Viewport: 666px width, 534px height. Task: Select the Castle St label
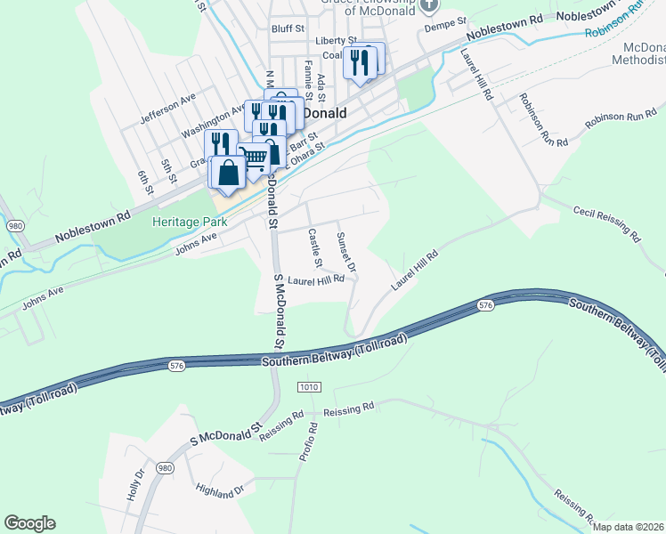313,248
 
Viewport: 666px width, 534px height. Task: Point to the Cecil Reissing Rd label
607,223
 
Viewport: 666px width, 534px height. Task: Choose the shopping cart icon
255,158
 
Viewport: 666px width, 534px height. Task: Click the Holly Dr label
135,485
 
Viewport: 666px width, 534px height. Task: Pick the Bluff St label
288,28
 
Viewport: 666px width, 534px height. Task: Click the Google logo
29,523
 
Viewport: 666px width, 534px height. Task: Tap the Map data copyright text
628,527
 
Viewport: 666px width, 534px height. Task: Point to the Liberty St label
336,41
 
